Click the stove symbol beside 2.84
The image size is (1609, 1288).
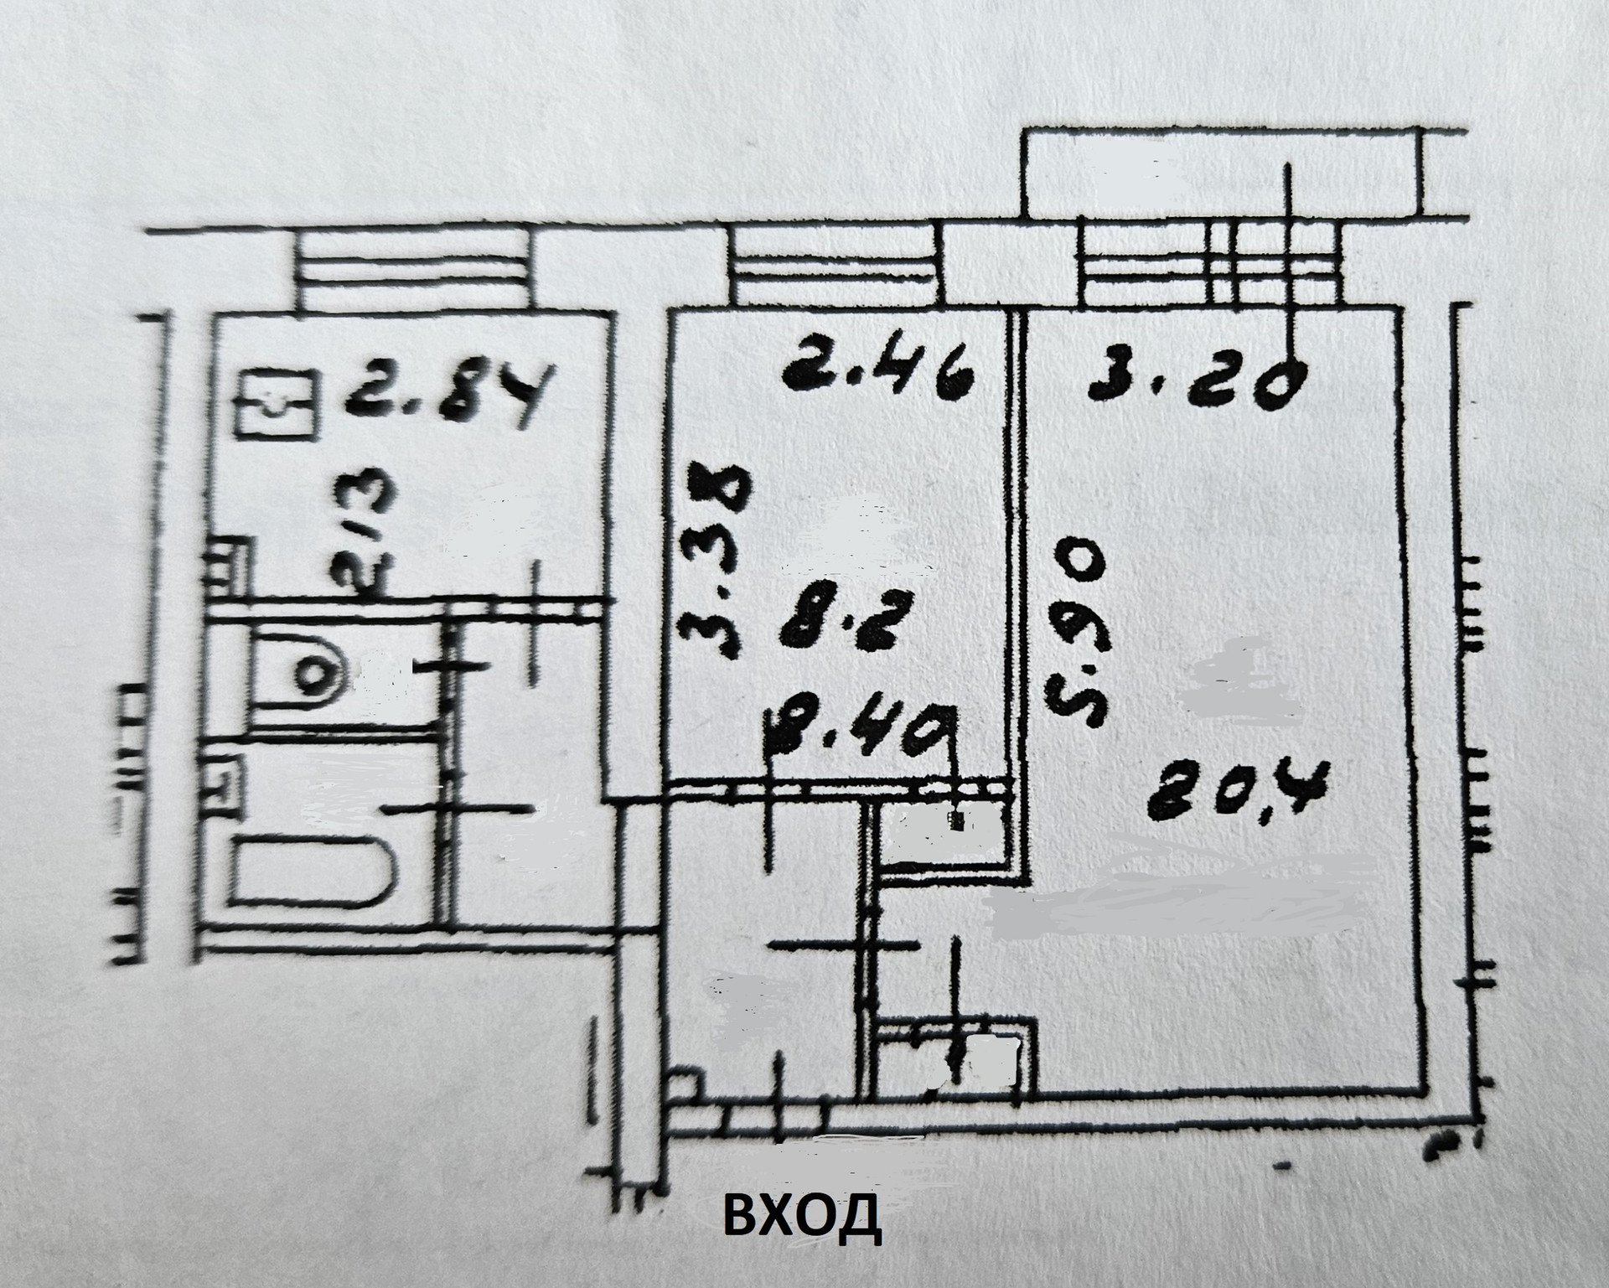277,406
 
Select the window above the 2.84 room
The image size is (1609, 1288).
414,269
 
